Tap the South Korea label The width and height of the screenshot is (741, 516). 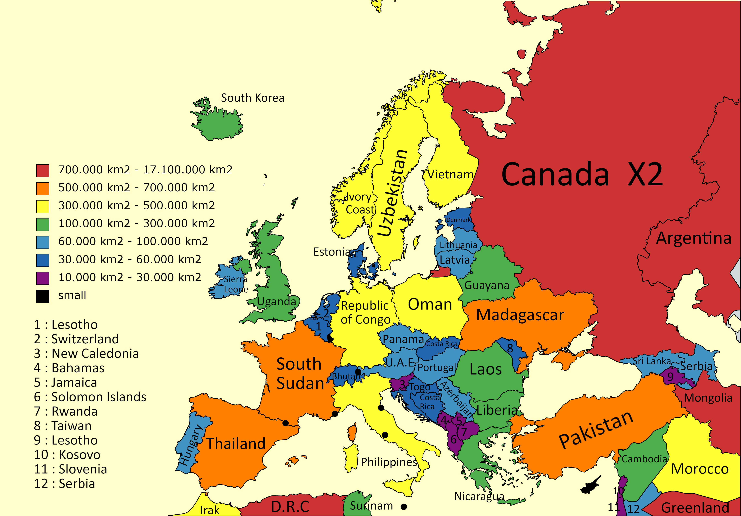point(252,98)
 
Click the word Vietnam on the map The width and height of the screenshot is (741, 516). point(450,174)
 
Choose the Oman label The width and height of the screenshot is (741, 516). point(430,304)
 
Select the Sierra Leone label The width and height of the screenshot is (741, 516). point(236,284)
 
